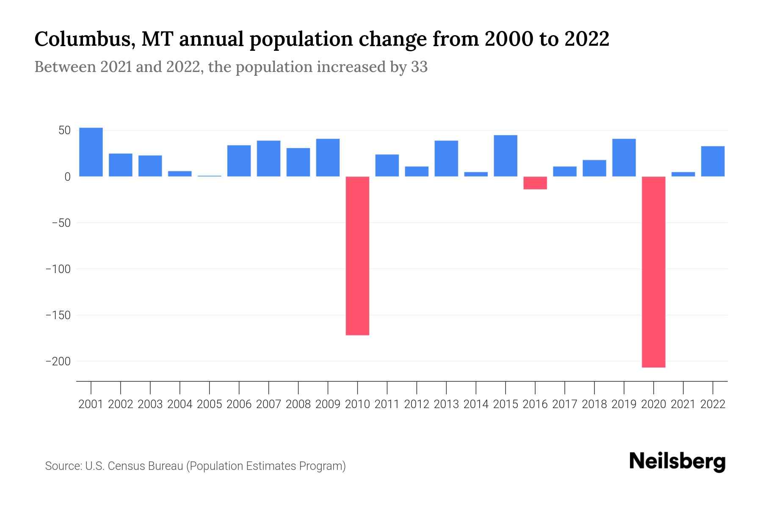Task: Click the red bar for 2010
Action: (x=357, y=256)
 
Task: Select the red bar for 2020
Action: (x=653, y=272)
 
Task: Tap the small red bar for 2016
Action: (x=535, y=183)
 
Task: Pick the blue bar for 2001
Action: (x=91, y=152)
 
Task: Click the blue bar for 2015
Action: (x=505, y=156)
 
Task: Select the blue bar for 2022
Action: (x=712, y=161)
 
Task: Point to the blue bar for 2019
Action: (x=624, y=157)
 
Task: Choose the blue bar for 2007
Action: (x=268, y=158)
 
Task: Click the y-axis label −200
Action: (x=58, y=362)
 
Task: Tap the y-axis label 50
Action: (x=64, y=130)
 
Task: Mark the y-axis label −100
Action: (x=58, y=269)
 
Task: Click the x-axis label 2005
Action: (x=210, y=404)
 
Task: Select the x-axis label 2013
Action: (x=446, y=404)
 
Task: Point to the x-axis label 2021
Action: (x=683, y=404)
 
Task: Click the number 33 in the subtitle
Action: (x=419, y=67)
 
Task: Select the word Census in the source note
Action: (x=124, y=466)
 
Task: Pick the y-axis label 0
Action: (x=67, y=177)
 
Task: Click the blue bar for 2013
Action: (x=446, y=158)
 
